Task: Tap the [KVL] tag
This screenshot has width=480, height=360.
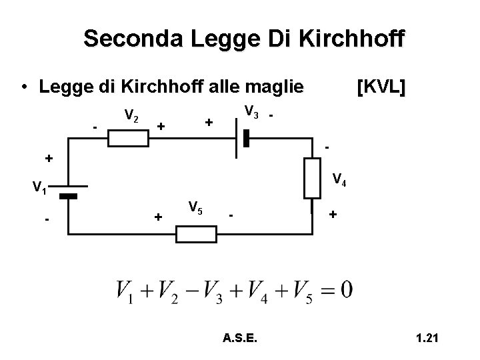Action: pos(381,87)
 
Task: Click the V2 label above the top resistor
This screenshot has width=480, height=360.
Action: pos(131,117)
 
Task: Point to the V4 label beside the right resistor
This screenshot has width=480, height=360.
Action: pos(339,179)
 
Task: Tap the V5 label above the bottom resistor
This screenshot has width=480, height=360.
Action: pos(195,207)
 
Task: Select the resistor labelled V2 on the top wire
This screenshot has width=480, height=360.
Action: pos(128,138)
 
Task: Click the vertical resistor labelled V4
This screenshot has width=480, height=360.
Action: pos(313,178)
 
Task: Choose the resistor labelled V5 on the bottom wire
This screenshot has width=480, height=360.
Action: pos(196,234)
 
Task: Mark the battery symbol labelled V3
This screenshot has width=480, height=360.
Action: pos(241,138)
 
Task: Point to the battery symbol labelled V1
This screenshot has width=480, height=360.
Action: pos(69,192)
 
